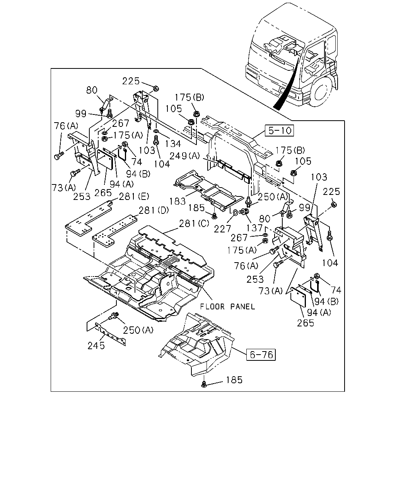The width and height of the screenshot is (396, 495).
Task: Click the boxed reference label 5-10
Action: (279, 130)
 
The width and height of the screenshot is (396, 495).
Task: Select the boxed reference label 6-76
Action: (261, 355)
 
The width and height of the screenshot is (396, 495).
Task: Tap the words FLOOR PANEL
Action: (227, 307)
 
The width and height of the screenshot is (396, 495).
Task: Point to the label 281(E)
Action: (134, 196)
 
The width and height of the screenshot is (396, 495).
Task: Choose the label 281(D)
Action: (154, 210)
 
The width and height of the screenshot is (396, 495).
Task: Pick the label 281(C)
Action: (194, 224)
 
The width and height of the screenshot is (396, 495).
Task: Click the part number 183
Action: (178, 201)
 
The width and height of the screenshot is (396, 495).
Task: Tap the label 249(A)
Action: (185, 156)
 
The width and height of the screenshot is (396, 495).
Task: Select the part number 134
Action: (173, 144)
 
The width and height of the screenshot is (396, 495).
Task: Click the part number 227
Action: (222, 229)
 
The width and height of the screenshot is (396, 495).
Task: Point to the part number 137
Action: (254, 228)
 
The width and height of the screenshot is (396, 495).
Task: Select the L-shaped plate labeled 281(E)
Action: (88, 218)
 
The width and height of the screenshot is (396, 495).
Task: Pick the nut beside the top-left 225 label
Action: (156, 88)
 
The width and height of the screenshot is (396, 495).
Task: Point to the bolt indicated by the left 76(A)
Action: (58, 156)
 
